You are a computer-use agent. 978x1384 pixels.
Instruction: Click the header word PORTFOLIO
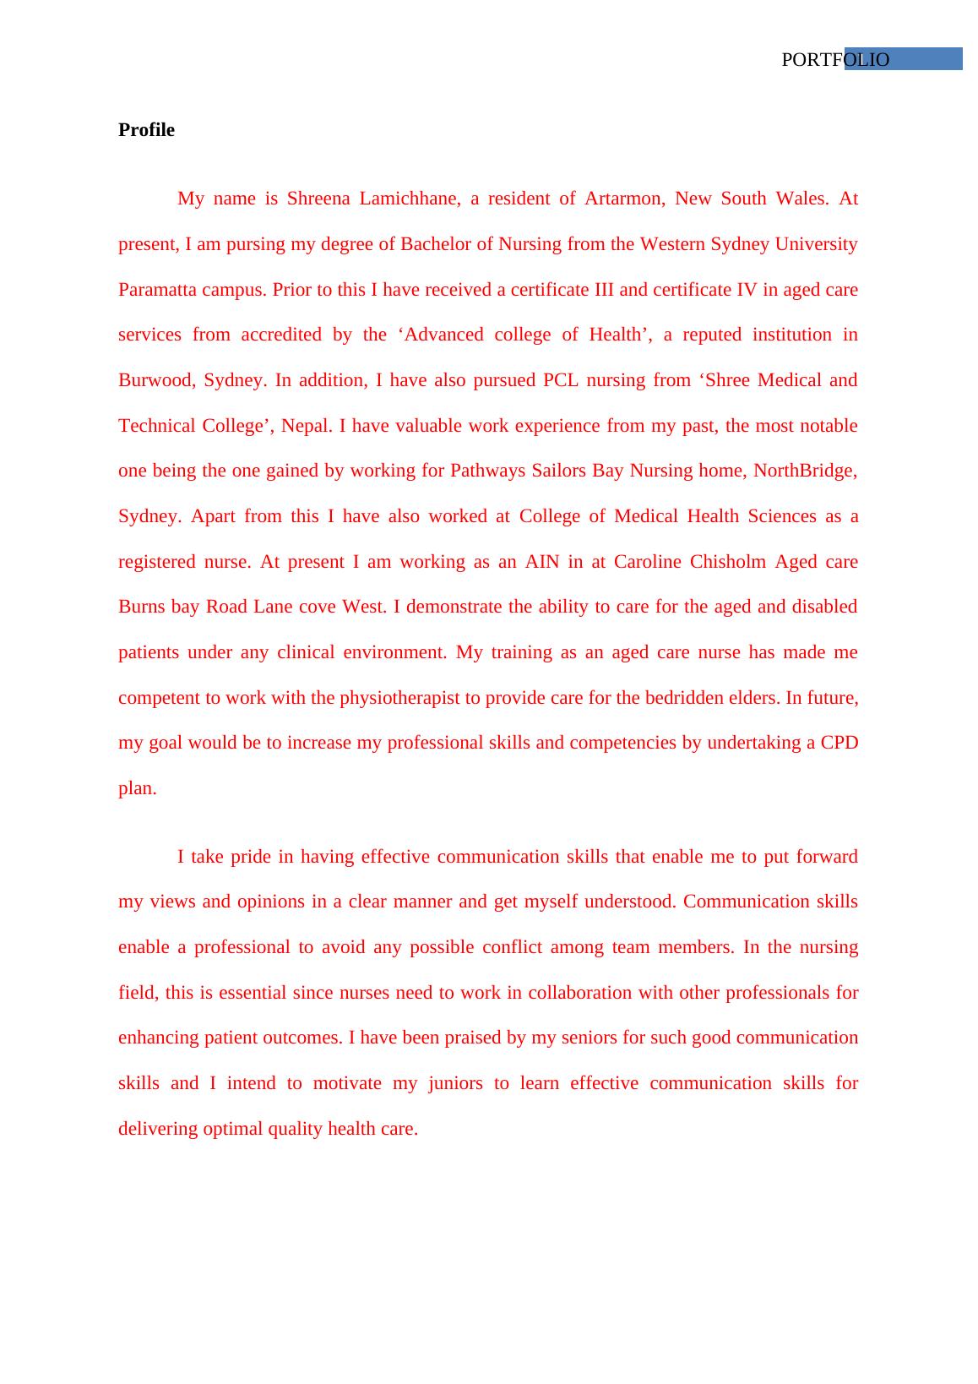pos(834,60)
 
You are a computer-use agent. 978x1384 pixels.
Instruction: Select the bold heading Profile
pos(146,130)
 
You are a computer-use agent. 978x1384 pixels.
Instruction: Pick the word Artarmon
pos(624,199)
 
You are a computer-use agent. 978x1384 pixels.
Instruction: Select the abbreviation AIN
pos(541,562)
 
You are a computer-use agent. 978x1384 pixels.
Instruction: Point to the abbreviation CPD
pos(839,743)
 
